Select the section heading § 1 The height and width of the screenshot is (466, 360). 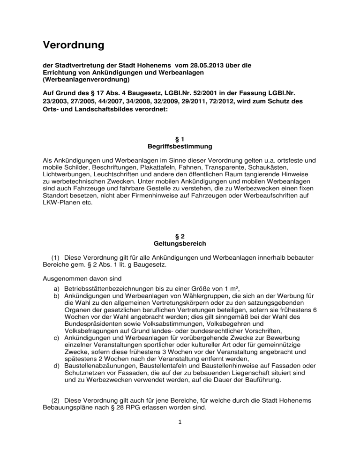(x=180, y=139)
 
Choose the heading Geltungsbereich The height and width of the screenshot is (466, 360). (x=180, y=244)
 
